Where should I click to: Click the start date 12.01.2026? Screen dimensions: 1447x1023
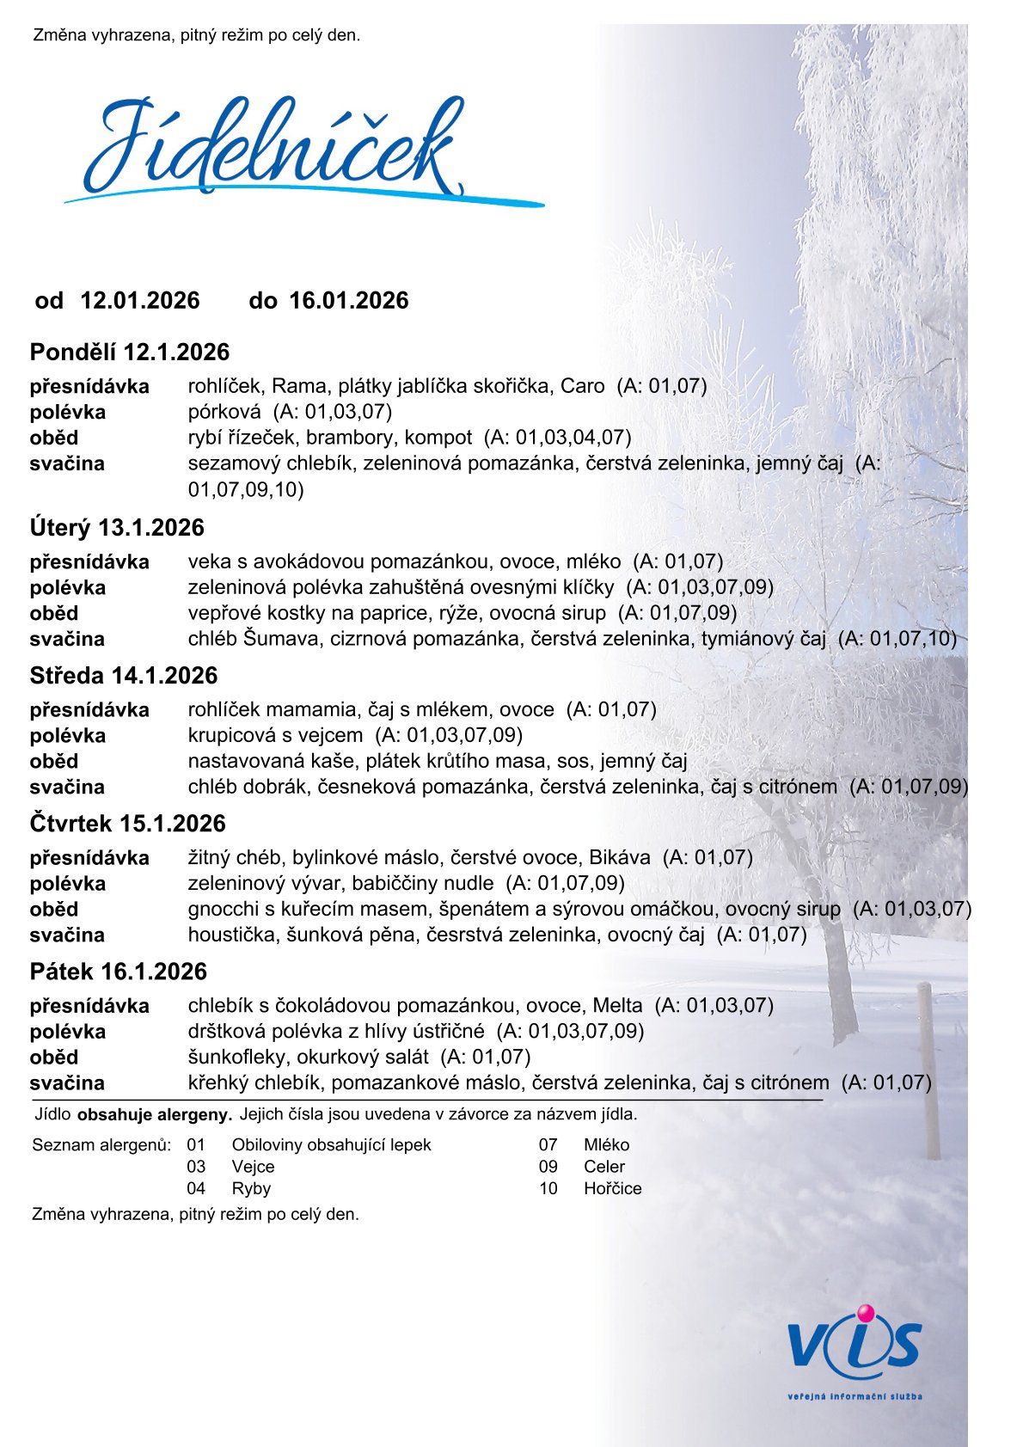[x=140, y=300]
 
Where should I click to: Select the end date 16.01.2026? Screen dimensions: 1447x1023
[x=349, y=300]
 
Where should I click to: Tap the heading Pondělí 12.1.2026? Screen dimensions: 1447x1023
[x=130, y=352]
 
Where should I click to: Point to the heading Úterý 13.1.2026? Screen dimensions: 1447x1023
[x=117, y=527]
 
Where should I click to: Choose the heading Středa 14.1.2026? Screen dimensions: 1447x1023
[x=124, y=675]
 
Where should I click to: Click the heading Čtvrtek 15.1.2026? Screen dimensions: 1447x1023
[x=127, y=823]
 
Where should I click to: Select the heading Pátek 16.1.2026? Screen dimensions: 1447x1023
[x=119, y=971]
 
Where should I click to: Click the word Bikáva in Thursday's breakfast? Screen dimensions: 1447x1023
[x=620, y=857]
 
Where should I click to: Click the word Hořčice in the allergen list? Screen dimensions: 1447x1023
[x=612, y=1188]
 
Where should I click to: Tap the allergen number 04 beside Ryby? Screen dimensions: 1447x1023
[x=196, y=1188]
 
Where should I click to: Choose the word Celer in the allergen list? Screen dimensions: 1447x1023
[x=604, y=1167]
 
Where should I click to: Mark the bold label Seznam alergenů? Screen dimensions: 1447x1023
[x=101, y=1145]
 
